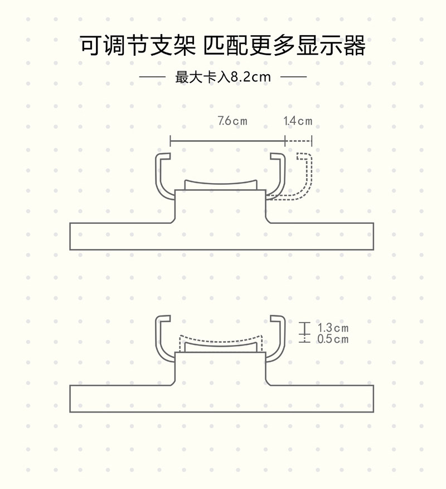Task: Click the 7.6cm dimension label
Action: click(x=232, y=121)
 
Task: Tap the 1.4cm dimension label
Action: click(x=298, y=121)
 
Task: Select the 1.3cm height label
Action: click(x=333, y=328)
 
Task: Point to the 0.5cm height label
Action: click(x=333, y=339)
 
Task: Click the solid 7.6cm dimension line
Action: click(x=227, y=141)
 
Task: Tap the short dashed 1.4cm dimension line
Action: click(x=298, y=141)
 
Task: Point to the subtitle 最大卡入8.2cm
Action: click(x=223, y=76)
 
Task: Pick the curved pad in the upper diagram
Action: click(x=221, y=185)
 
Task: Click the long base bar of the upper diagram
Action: click(x=221, y=236)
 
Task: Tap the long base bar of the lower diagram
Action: click(x=221, y=399)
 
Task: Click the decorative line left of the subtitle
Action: click(x=152, y=76)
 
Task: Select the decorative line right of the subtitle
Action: click(x=293, y=76)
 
